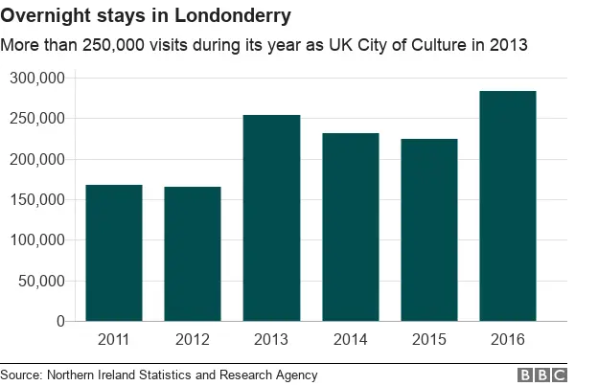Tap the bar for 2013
(271, 218)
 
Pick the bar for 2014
(350, 227)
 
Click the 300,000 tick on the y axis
(37, 79)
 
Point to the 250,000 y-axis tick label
(37, 119)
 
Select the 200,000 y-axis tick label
(37, 160)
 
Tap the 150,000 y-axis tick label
(37, 200)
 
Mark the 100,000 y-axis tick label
(37, 240)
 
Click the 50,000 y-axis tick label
(41, 282)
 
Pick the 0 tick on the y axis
(59, 322)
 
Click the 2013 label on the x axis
(271, 338)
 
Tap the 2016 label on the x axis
(507, 338)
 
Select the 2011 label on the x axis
(114, 338)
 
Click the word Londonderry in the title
(233, 17)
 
